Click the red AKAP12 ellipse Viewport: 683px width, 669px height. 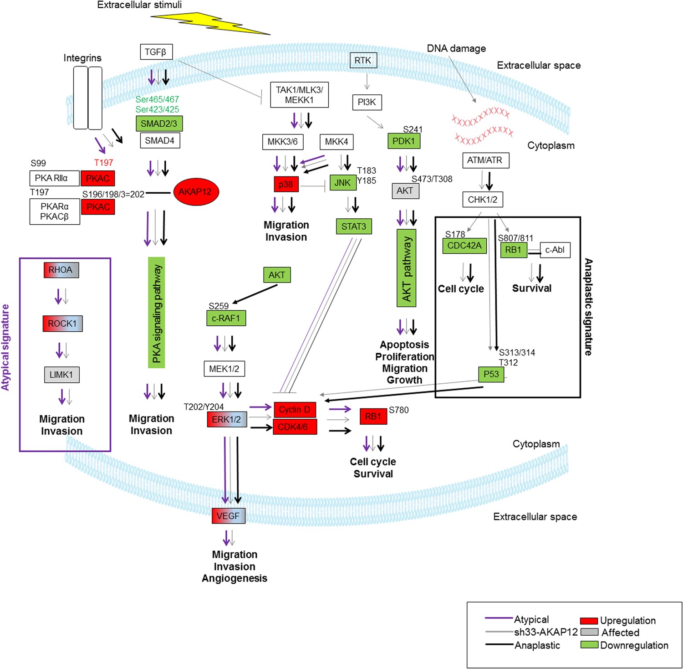click(x=196, y=192)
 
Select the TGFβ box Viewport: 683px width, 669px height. click(x=156, y=52)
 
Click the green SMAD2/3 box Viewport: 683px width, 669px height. click(x=159, y=124)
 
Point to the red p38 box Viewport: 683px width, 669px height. click(x=286, y=184)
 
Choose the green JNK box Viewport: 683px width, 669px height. click(x=343, y=183)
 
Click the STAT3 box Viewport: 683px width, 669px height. click(x=353, y=226)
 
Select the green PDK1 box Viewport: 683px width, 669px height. click(x=403, y=141)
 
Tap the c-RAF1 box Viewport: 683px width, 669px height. click(x=226, y=318)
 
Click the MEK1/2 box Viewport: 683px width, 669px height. click(x=224, y=369)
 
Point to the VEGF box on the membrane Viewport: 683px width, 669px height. click(x=228, y=516)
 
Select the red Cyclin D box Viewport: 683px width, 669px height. click(x=295, y=410)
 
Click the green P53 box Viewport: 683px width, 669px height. click(x=491, y=374)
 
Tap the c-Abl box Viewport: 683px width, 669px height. click(x=555, y=250)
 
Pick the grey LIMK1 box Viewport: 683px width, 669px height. click(x=61, y=375)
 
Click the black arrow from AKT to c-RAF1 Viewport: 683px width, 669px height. click(x=255, y=294)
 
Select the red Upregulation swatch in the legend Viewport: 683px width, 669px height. click(x=589, y=621)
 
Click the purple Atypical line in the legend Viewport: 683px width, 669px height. click(x=499, y=618)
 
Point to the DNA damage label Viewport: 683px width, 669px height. click(x=456, y=49)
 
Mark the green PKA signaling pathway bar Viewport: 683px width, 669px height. click(x=157, y=313)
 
